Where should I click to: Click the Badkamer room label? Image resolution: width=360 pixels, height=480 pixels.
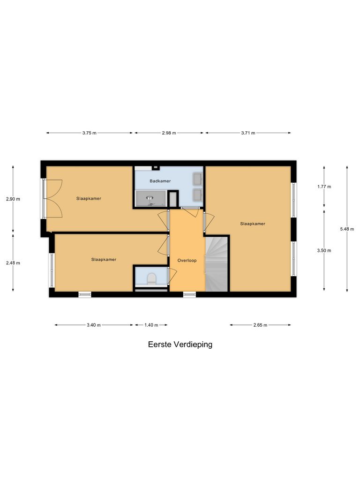(160, 181)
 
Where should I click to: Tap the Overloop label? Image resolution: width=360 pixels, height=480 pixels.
(187, 260)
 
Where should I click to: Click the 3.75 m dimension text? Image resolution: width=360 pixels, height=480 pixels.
(89, 133)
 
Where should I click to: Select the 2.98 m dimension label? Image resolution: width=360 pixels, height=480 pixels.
(169, 133)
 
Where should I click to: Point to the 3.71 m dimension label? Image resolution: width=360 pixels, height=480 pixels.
(247, 133)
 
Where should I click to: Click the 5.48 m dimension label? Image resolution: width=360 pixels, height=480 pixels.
(347, 229)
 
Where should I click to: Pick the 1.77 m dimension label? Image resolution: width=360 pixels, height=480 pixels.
(324, 187)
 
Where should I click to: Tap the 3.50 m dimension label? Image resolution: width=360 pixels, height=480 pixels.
(324, 250)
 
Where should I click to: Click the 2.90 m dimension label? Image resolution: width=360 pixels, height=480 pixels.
(13, 199)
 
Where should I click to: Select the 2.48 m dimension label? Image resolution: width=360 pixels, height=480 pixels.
(13, 263)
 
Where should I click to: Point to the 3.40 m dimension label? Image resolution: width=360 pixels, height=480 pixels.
(94, 325)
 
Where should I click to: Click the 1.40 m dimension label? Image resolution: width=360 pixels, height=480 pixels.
(151, 325)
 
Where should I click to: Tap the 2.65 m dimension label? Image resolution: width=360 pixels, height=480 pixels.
(260, 325)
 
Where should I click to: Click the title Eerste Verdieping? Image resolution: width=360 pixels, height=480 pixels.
(180, 345)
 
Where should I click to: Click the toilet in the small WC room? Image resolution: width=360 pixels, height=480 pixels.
(151, 279)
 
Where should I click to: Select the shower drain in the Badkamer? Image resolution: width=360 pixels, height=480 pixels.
(150, 199)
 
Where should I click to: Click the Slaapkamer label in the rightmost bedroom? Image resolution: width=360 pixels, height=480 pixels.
(253, 224)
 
